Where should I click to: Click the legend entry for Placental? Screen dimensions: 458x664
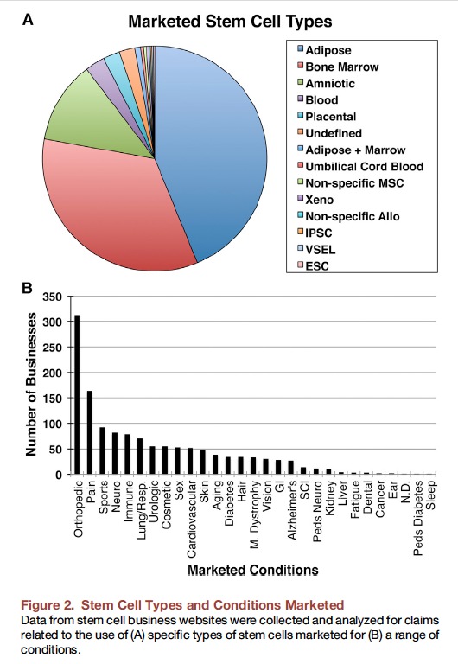click(x=327, y=117)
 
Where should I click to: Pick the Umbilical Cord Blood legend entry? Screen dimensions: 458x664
click(x=360, y=166)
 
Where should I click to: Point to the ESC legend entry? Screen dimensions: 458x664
click(x=313, y=266)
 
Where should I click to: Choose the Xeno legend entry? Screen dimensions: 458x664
click(x=315, y=200)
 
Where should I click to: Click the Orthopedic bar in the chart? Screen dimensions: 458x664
click(x=77, y=394)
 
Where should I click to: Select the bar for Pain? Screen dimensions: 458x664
click(x=90, y=432)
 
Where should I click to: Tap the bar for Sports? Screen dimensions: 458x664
click(x=102, y=450)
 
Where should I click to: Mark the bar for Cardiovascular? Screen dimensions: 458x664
click(x=190, y=461)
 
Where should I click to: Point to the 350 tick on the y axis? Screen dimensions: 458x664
click(x=53, y=297)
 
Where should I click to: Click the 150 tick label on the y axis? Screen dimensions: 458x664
click(x=53, y=399)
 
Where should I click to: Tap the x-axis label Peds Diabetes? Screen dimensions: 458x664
click(x=418, y=518)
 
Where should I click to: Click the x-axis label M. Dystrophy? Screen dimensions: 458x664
click(x=254, y=514)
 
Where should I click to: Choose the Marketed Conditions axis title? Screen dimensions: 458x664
click(x=252, y=570)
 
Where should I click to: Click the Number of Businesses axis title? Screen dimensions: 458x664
click(x=31, y=385)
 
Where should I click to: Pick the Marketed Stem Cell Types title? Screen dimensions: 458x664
click(x=230, y=21)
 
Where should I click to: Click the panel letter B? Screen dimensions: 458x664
click(x=27, y=289)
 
